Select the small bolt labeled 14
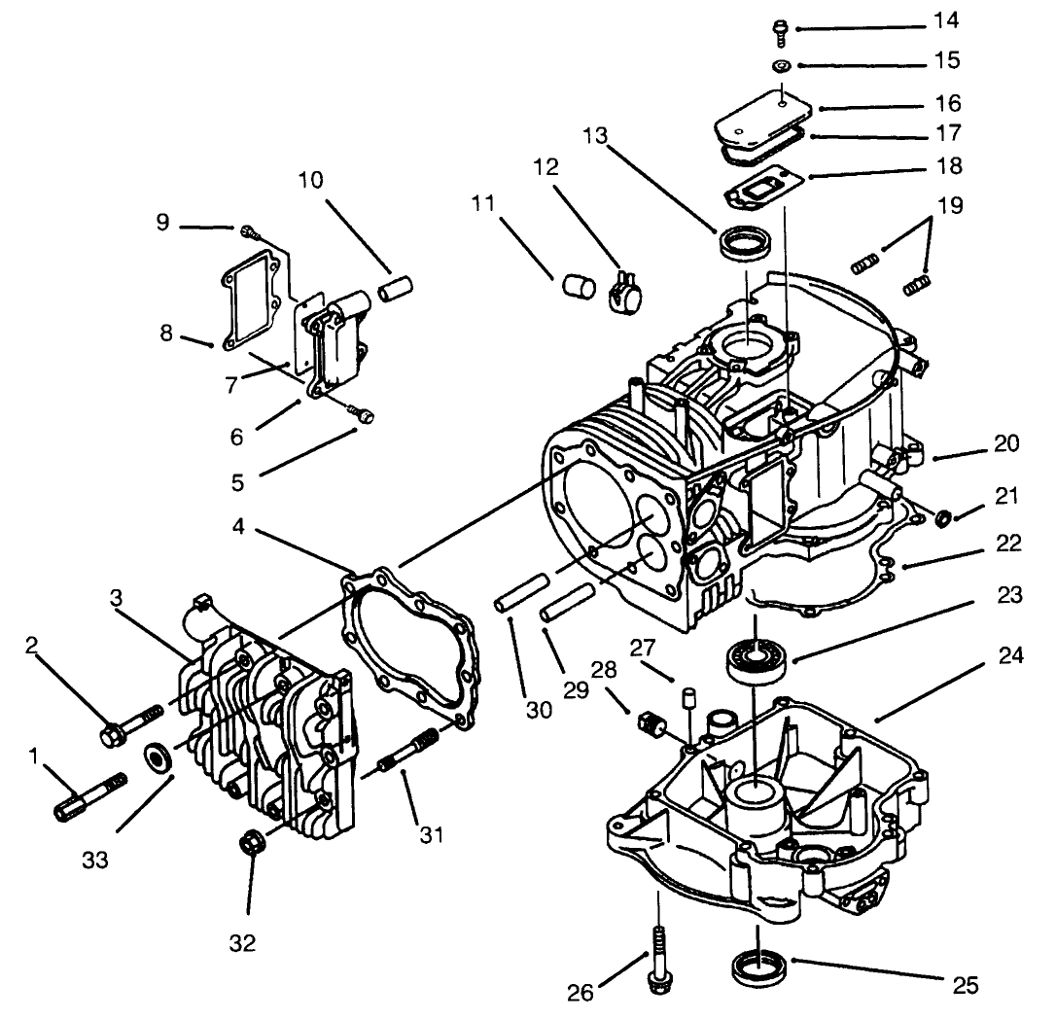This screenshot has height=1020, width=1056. pyautogui.click(x=780, y=29)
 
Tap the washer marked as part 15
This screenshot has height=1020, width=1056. pyautogui.click(x=780, y=66)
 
